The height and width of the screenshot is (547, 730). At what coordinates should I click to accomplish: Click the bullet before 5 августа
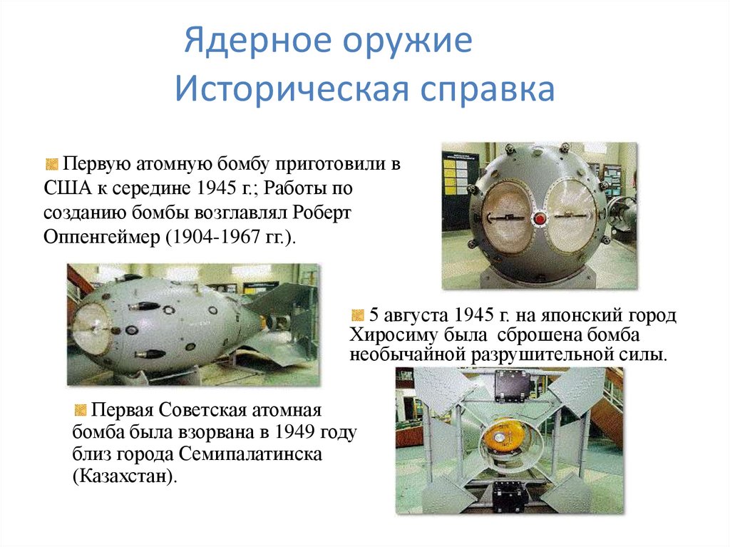coord(357,315)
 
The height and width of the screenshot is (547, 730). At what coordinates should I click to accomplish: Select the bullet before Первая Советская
coord(79,410)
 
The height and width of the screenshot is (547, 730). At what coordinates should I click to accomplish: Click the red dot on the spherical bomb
coord(540,217)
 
